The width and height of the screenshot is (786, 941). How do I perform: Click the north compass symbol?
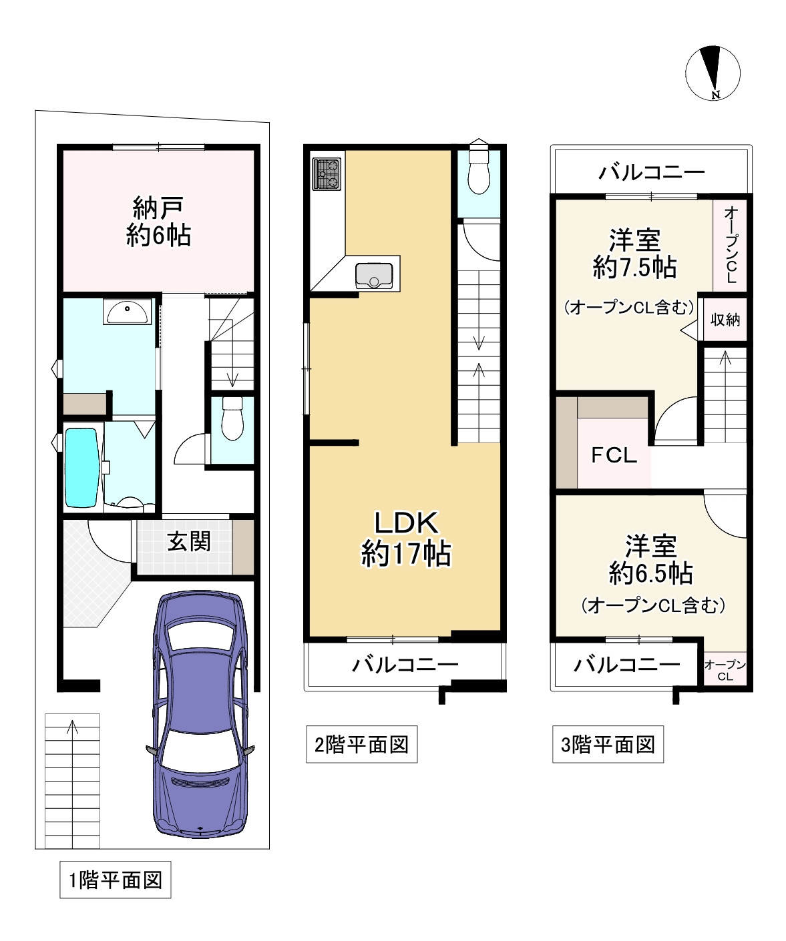coord(713,73)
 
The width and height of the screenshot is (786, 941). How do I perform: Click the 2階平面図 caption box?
coord(362,744)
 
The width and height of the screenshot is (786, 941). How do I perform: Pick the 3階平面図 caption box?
coord(608,744)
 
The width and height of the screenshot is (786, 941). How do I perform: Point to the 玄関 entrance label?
coord(189,541)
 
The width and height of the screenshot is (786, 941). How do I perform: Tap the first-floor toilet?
coord(232,418)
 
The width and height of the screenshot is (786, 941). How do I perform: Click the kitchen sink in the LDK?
coord(374,276)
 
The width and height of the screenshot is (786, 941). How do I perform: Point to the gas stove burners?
coord(327,174)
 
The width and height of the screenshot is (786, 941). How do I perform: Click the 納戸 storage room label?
coord(158,221)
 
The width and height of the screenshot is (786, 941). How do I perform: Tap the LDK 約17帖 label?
coord(406,539)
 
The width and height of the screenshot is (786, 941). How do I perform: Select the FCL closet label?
coord(614,455)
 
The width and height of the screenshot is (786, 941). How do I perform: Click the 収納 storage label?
coord(725,320)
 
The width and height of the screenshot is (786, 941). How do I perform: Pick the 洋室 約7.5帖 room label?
coord(634,254)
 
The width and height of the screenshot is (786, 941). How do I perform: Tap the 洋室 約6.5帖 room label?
coord(650,559)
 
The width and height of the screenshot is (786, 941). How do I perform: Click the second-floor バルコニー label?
coord(405,665)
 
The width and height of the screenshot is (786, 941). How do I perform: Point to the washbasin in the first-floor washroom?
coord(127,311)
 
